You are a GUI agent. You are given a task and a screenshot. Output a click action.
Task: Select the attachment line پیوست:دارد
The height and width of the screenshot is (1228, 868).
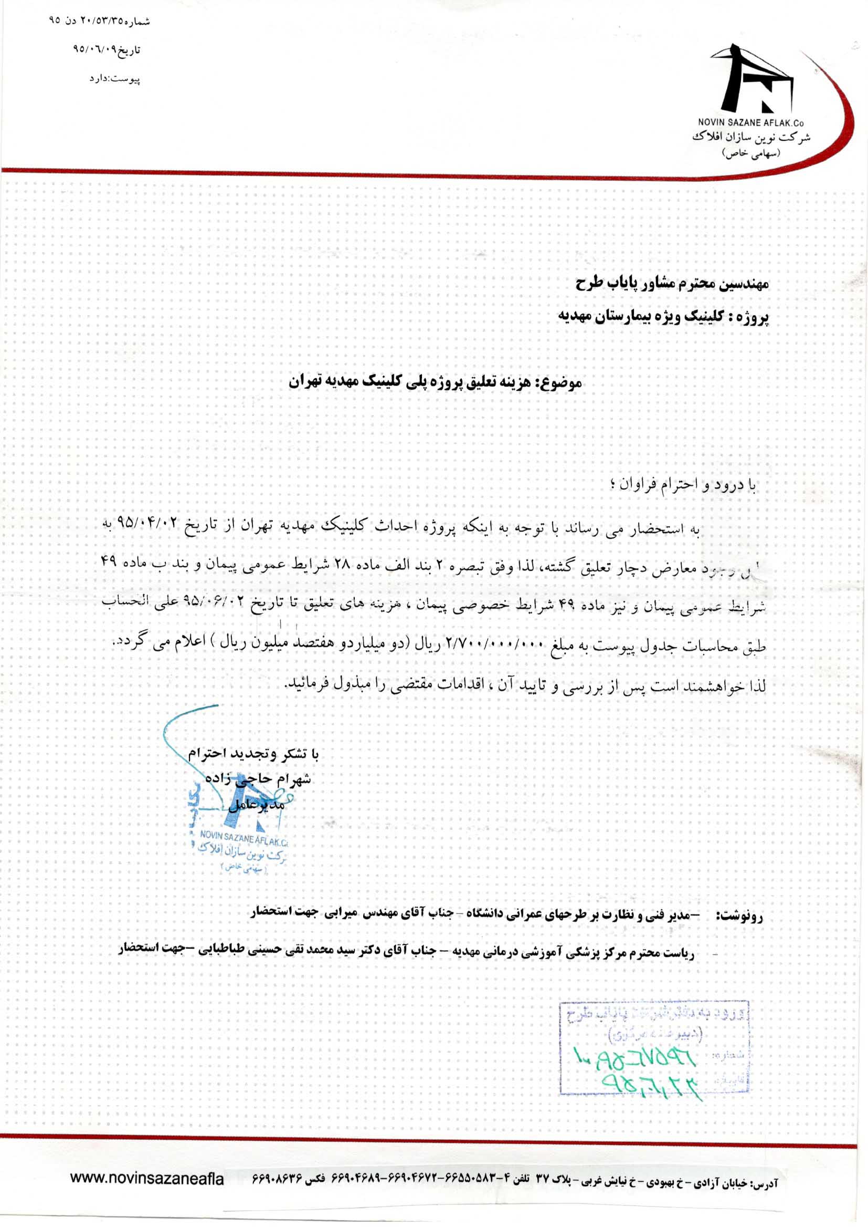[x=114, y=79]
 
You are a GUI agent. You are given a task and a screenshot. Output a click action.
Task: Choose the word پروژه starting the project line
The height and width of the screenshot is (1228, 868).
[x=754, y=317]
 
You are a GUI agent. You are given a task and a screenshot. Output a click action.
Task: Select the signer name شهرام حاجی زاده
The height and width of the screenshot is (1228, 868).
[x=259, y=779]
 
